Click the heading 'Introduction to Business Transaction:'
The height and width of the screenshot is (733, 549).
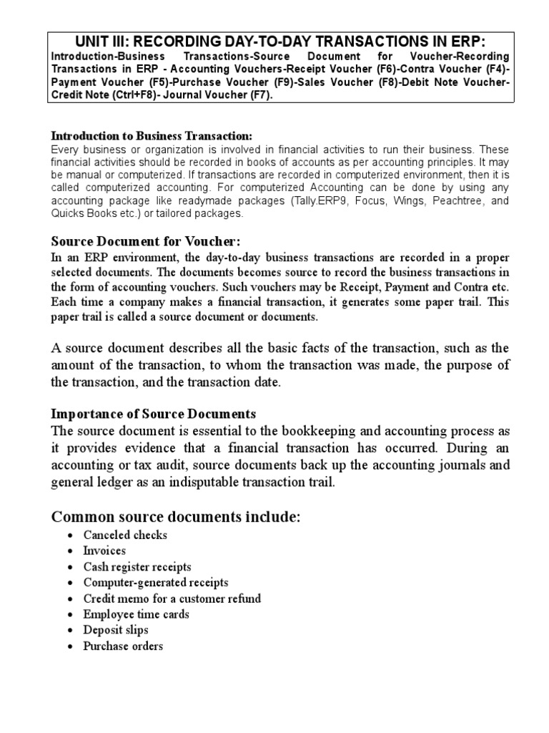click(152, 136)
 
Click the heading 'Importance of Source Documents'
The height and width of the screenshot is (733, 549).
click(154, 414)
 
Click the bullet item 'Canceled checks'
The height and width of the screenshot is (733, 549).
click(125, 535)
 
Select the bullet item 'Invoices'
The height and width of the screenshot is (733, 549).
click(104, 551)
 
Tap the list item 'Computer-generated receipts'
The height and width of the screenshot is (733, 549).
click(156, 583)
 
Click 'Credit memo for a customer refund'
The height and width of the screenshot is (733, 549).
click(172, 598)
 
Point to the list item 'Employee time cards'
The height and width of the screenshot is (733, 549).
click(136, 614)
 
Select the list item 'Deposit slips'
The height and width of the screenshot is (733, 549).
click(116, 630)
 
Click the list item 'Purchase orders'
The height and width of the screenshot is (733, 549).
click(123, 646)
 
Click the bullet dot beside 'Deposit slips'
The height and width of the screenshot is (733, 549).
click(69, 631)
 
